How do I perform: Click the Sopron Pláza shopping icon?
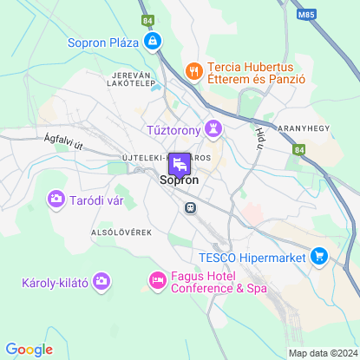[153, 41]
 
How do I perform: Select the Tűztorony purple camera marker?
[213, 129]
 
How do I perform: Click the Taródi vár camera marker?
[57, 200]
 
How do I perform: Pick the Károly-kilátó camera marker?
[102, 281]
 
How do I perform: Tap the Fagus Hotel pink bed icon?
[157, 280]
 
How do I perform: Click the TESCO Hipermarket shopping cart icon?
[319, 256]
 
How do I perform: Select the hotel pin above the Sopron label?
[180, 162]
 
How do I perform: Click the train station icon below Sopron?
[188, 207]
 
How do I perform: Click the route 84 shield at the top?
[147, 18]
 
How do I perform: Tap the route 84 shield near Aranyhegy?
[299, 150]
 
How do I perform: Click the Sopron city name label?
[180, 181]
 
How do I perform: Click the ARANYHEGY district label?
[304, 128]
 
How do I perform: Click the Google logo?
[29, 350]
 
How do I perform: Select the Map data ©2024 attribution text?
[322, 353]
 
